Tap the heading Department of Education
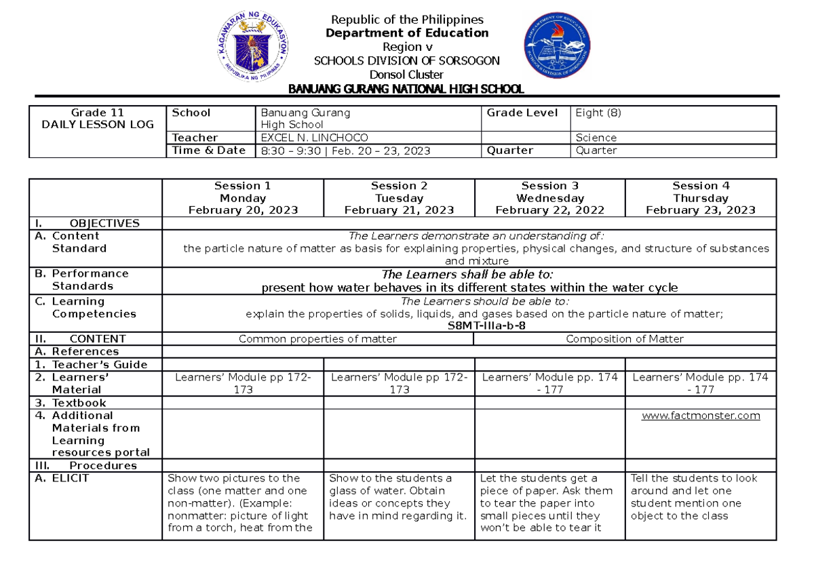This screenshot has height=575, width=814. point(406,33)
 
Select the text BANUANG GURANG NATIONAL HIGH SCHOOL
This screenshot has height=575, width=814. point(406,89)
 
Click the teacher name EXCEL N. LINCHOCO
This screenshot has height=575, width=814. point(310,138)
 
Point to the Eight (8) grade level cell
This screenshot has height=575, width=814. point(598,113)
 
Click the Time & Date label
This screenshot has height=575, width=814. point(208,151)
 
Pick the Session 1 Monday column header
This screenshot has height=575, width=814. point(243,198)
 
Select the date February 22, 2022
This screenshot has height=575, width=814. point(549,211)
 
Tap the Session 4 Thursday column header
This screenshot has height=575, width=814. point(700,198)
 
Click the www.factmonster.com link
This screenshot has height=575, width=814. point(700,416)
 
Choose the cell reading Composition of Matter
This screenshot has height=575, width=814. point(624,339)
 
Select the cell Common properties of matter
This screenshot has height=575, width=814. point(317,339)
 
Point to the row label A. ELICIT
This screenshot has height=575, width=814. point(65,478)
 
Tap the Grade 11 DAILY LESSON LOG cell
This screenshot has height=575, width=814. point(97,119)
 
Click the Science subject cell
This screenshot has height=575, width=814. point(596,138)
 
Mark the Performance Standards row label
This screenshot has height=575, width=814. point(81,279)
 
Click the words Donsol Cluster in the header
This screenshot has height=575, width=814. point(406,75)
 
